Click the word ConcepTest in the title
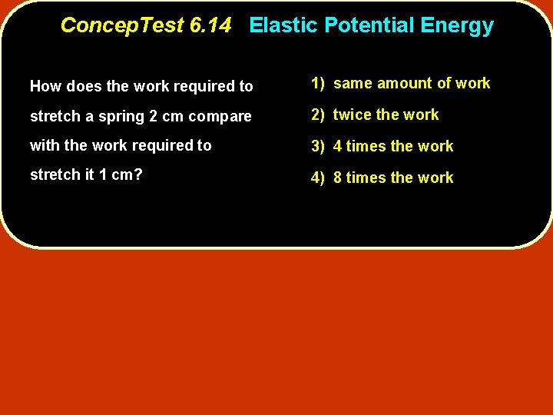[x=122, y=25]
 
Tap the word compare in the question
[x=223, y=117]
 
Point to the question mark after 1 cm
[x=138, y=174]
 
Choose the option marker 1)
[x=319, y=83]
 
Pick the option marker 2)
[x=319, y=115]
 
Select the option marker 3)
[x=319, y=146]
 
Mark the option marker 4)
[x=319, y=178]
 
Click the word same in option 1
[x=353, y=83]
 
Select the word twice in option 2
[x=353, y=115]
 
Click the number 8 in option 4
[x=338, y=178]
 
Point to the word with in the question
[x=42, y=145]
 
